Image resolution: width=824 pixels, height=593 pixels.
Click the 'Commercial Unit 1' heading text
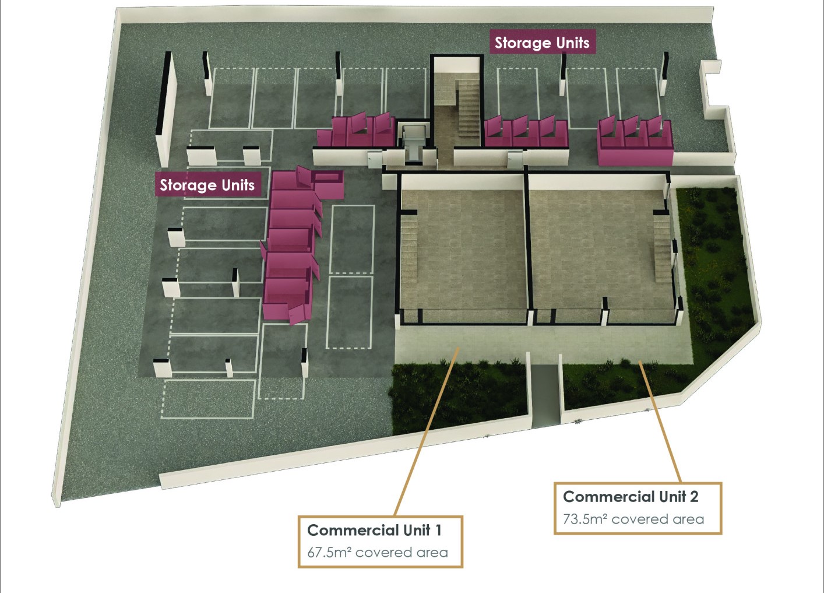[x=374, y=531]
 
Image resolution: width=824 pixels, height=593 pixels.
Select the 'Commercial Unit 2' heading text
[x=631, y=497]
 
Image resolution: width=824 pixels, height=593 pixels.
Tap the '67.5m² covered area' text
[x=378, y=553]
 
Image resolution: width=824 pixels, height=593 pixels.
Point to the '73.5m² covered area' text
[x=633, y=519]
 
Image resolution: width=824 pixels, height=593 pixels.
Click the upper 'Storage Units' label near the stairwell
[x=542, y=43]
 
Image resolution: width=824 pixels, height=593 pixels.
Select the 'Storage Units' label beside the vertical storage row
[x=207, y=184]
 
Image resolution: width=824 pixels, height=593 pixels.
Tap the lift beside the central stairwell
[x=414, y=143]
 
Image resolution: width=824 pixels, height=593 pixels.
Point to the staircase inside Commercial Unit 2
[x=663, y=249]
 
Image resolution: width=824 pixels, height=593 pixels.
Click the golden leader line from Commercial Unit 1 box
[x=427, y=431]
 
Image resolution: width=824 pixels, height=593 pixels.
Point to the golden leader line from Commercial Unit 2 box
[x=660, y=422]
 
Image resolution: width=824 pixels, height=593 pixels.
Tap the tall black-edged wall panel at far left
[x=165, y=110]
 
